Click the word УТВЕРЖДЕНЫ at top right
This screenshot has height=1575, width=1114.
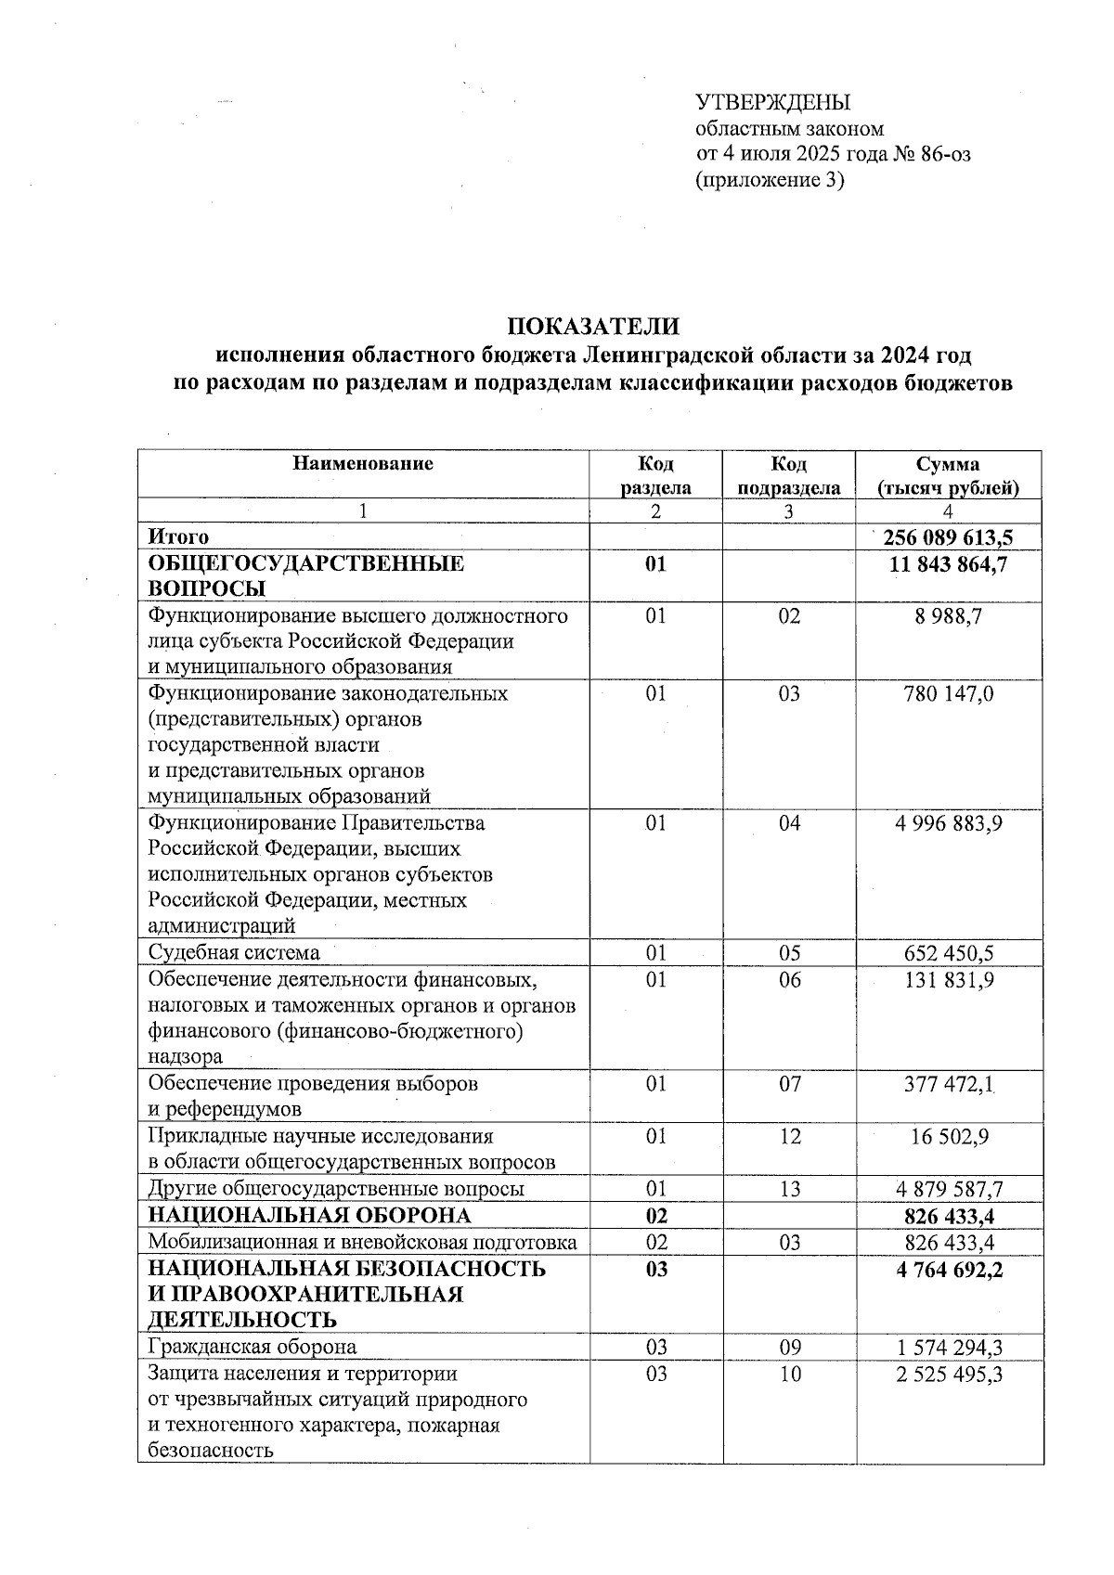773,102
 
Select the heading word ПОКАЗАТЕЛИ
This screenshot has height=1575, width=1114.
592,327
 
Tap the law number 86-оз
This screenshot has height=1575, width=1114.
947,154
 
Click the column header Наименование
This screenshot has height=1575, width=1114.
363,464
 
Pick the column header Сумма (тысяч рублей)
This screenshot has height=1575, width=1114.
948,475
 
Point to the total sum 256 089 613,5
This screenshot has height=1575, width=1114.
948,537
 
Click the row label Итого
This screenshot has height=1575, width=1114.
178,537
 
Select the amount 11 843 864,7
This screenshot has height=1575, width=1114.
948,564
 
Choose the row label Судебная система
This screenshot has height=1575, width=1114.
234,953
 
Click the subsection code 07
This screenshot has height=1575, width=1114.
789,1084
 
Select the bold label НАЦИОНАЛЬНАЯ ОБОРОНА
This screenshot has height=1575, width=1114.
310,1216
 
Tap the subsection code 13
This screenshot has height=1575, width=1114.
789,1190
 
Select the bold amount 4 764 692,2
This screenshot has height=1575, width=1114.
949,1270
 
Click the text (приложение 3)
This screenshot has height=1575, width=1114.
770,181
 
